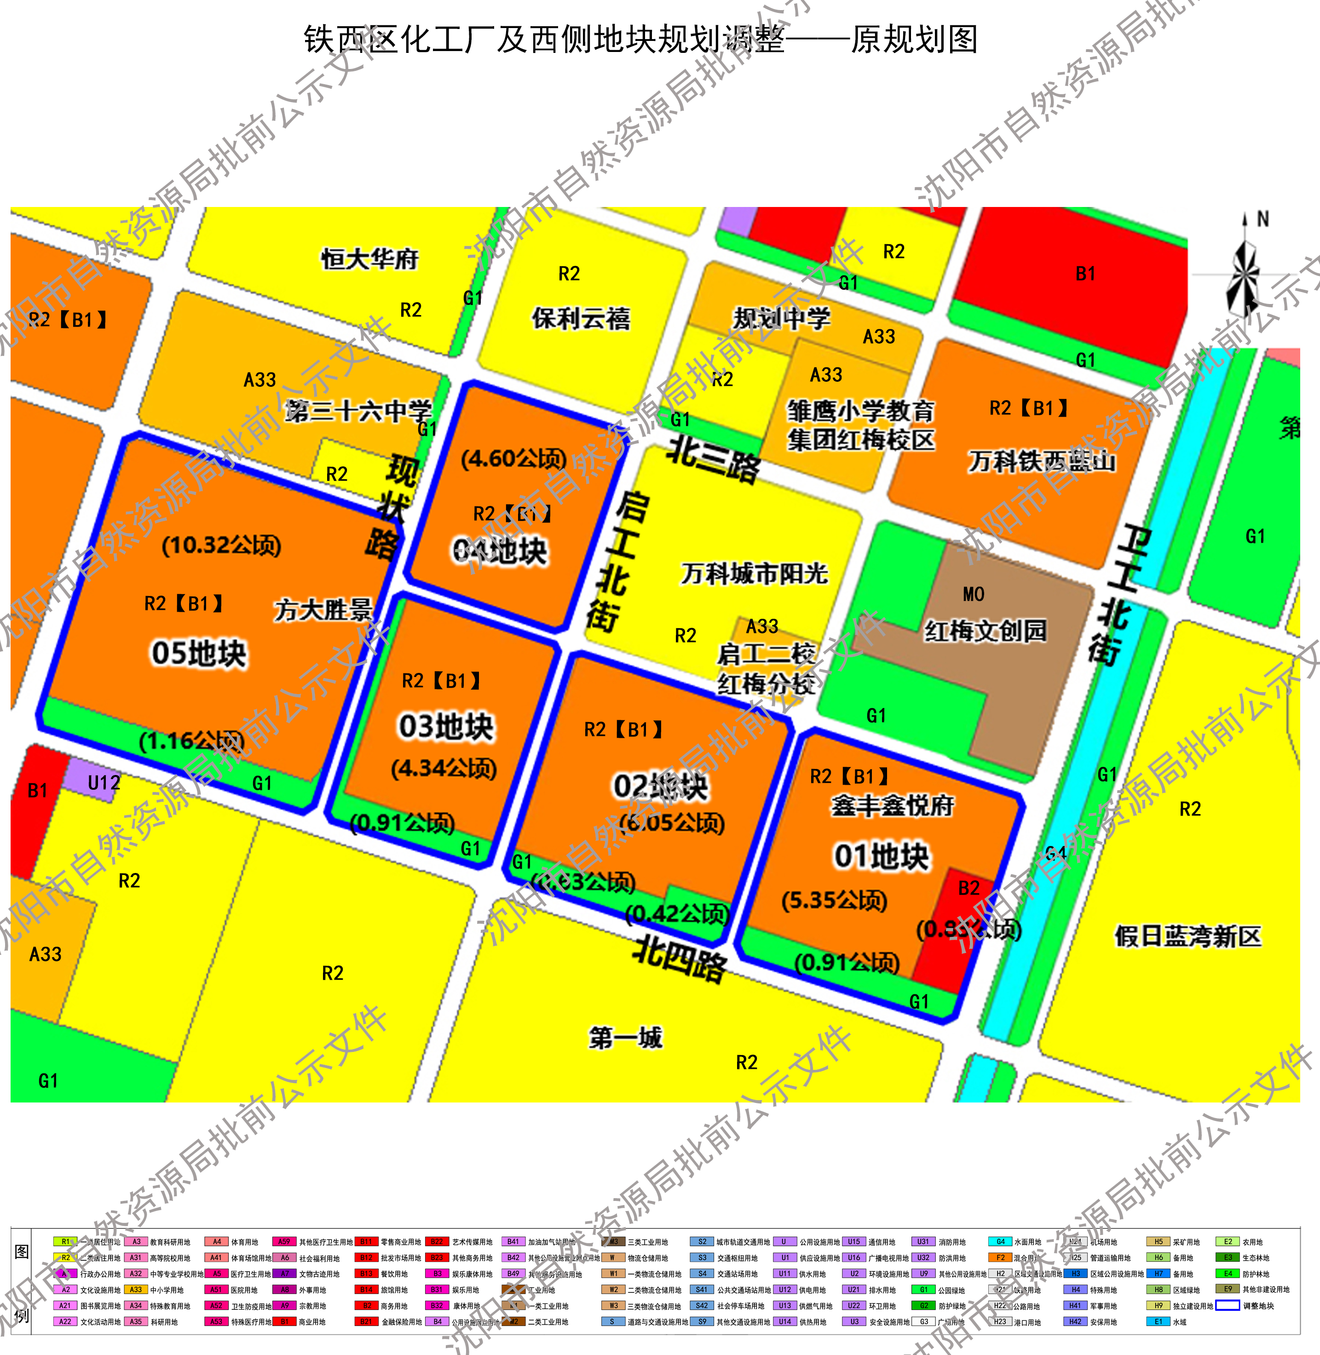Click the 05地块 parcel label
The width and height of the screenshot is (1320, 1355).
[199, 653]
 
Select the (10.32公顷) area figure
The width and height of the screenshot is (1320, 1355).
[221, 545]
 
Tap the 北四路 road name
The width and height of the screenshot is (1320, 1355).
[680, 959]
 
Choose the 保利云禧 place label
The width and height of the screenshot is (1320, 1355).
[581, 318]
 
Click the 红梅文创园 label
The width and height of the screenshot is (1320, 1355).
[985, 631]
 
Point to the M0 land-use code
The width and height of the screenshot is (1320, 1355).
[974, 594]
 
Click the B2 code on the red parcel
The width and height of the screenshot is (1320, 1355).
[968, 888]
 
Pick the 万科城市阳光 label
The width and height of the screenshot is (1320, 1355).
[754, 573]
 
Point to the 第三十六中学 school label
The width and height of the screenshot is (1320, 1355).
[358, 411]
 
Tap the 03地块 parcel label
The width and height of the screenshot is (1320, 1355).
[446, 726]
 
